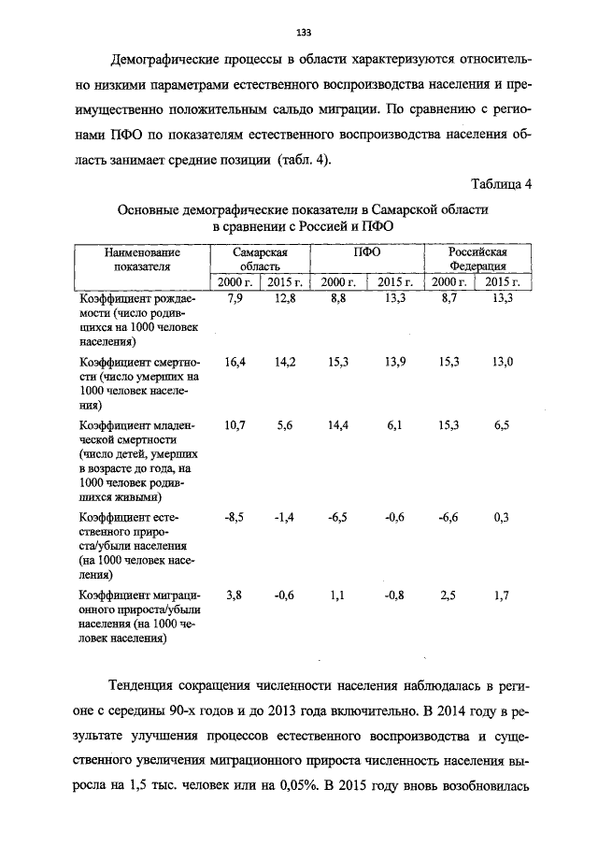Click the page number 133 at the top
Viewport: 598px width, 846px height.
(303, 34)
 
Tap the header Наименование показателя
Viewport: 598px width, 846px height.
(142, 259)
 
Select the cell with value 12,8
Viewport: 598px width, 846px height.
(285, 298)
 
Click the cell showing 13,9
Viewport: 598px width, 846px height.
(397, 362)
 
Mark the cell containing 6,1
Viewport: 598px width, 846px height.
(397, 425)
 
